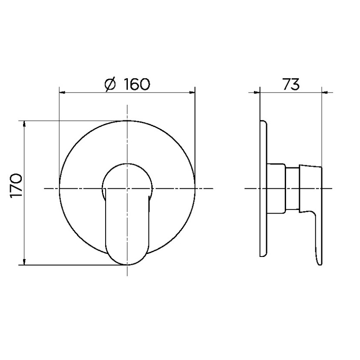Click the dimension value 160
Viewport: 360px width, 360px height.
pos(137,84)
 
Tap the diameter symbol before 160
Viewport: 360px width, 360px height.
pos(110,84)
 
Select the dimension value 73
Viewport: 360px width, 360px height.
pos(291,84)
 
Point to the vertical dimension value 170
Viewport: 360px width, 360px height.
pos(16,185)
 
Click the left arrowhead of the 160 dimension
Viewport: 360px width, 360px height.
pos(63,93)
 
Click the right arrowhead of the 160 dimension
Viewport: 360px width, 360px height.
pos(192,93)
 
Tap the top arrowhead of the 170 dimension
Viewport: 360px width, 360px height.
pos(24,124)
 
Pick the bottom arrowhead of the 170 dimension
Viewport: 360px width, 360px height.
pos(24,262)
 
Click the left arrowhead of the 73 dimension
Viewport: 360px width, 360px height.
pos(257,93)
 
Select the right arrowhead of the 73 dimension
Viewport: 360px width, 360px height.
pos(325,93)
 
